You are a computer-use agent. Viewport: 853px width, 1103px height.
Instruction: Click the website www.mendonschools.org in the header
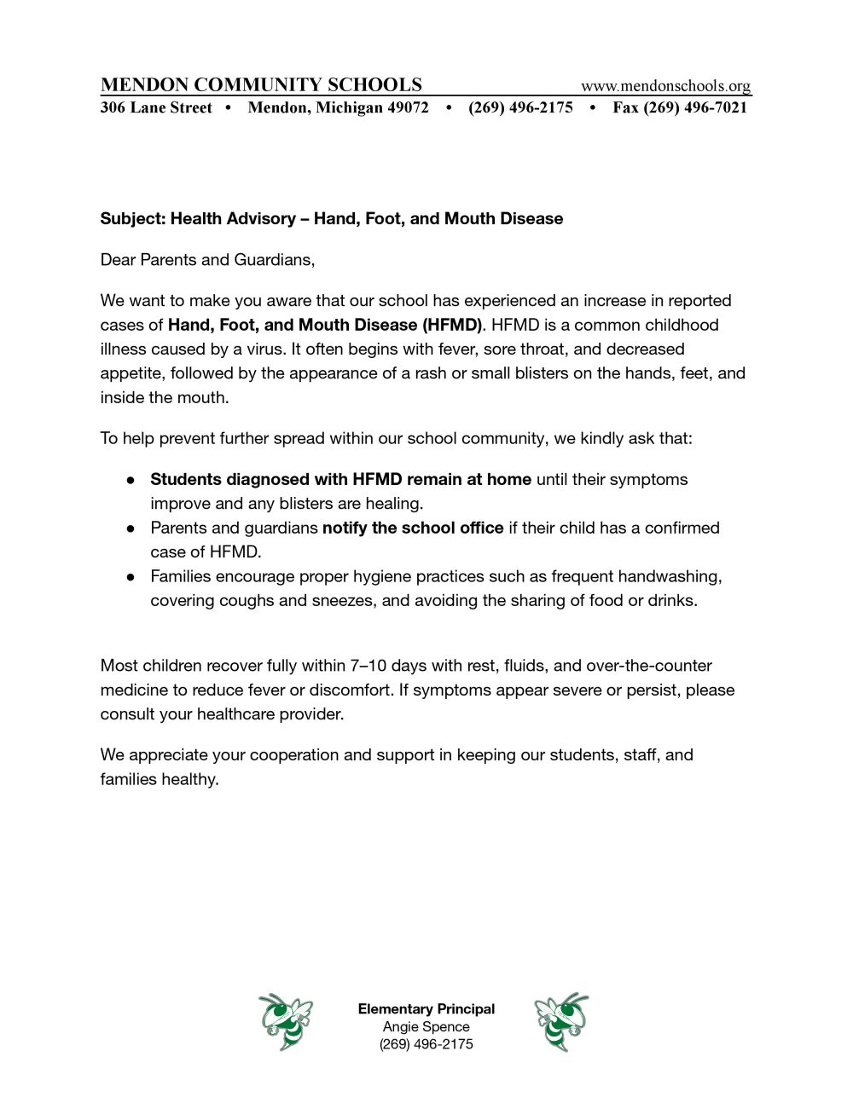click(665, 85)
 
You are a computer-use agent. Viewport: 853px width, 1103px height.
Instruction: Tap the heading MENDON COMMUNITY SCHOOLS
click(261, 84)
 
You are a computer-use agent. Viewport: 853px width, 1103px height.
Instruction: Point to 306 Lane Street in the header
click(156, 107)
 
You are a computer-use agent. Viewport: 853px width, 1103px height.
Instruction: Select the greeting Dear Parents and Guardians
click(207, 259)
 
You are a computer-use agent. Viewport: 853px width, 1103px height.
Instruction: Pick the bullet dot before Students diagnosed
click(131, 480)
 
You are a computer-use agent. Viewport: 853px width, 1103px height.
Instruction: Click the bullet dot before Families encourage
click(131, 577)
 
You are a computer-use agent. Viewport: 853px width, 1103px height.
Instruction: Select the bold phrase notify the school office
click(413, 528)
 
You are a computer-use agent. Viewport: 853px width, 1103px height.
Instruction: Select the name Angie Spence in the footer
click(426, 1026)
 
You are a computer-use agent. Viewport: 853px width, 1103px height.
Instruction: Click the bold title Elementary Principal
click(426, 1008)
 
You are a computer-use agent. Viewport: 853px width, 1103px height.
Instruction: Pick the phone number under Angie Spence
click(426, 1044)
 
